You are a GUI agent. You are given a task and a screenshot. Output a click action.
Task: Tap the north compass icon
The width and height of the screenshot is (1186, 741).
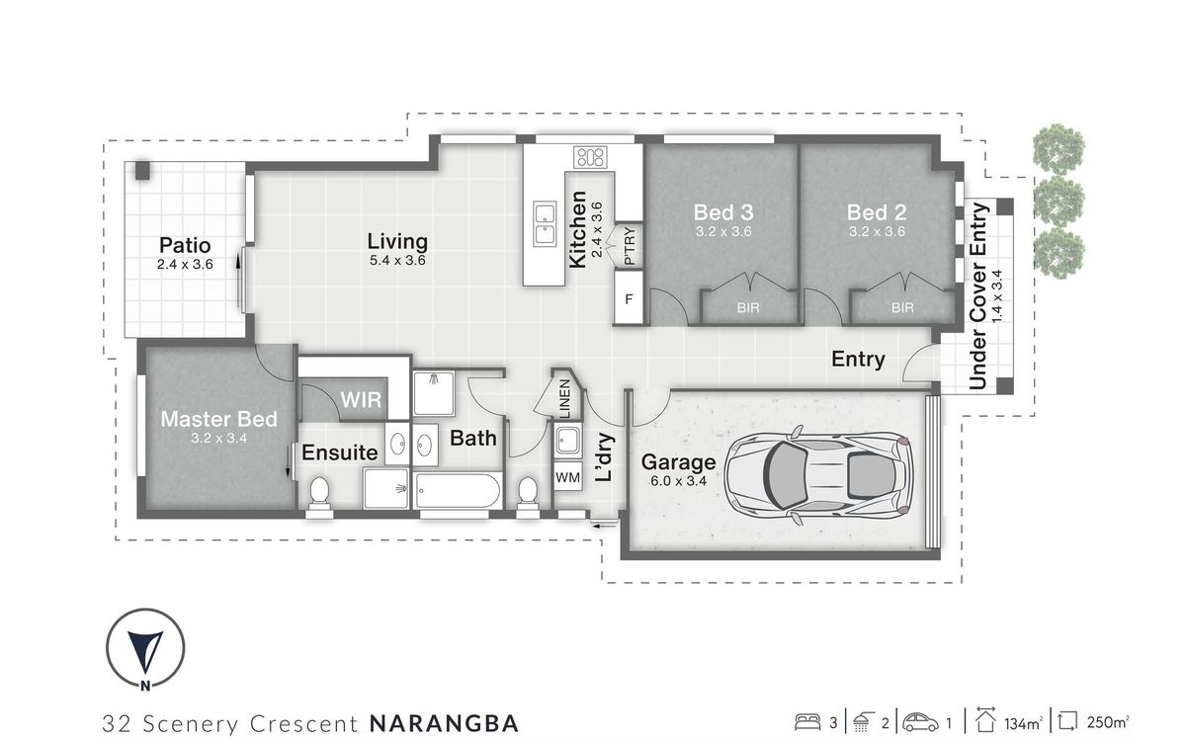click(145, 648)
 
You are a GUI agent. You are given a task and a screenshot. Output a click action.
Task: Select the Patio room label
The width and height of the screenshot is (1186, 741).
click(185, 245)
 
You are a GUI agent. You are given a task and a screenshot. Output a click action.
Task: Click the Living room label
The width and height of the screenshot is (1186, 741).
click(397, 241)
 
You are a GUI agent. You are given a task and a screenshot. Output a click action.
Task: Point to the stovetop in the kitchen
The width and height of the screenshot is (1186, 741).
click(590, 156)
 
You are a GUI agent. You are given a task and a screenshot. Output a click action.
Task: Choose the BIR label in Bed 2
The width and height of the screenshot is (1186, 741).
click(902, 308)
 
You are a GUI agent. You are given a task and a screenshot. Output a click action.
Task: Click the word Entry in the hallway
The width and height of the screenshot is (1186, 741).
click(857, 360)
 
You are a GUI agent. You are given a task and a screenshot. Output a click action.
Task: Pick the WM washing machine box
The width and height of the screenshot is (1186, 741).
click(567, 478)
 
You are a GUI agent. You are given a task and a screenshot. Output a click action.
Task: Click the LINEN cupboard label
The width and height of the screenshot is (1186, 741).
click(563, 400)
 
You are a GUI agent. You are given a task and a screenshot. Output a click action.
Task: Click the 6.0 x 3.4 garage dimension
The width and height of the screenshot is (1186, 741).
click(678, 481)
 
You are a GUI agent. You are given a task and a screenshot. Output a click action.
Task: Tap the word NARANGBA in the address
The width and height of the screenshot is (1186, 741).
click(443, 722)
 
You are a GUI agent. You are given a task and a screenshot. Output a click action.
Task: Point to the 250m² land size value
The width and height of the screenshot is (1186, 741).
click(1108, 721)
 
